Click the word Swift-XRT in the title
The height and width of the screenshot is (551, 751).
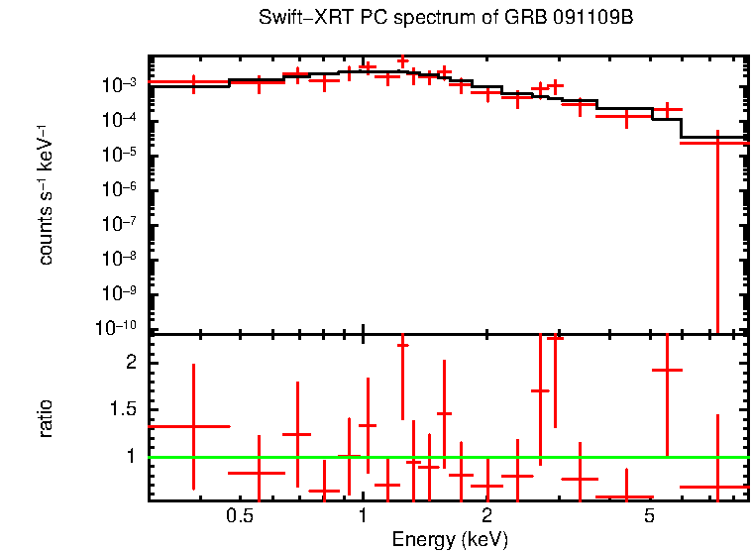coord(298,19)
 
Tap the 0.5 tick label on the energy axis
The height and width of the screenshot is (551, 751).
coord(239,516)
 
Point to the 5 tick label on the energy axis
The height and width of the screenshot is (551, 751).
coord(649,516)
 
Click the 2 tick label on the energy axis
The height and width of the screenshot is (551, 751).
coord(486,516)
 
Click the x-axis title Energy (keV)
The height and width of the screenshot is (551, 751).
coord(450,539)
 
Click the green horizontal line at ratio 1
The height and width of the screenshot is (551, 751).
coord(446,457)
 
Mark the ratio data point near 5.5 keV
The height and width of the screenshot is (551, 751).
coord(668,370)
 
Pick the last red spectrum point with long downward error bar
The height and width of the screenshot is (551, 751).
coord(716,143)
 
